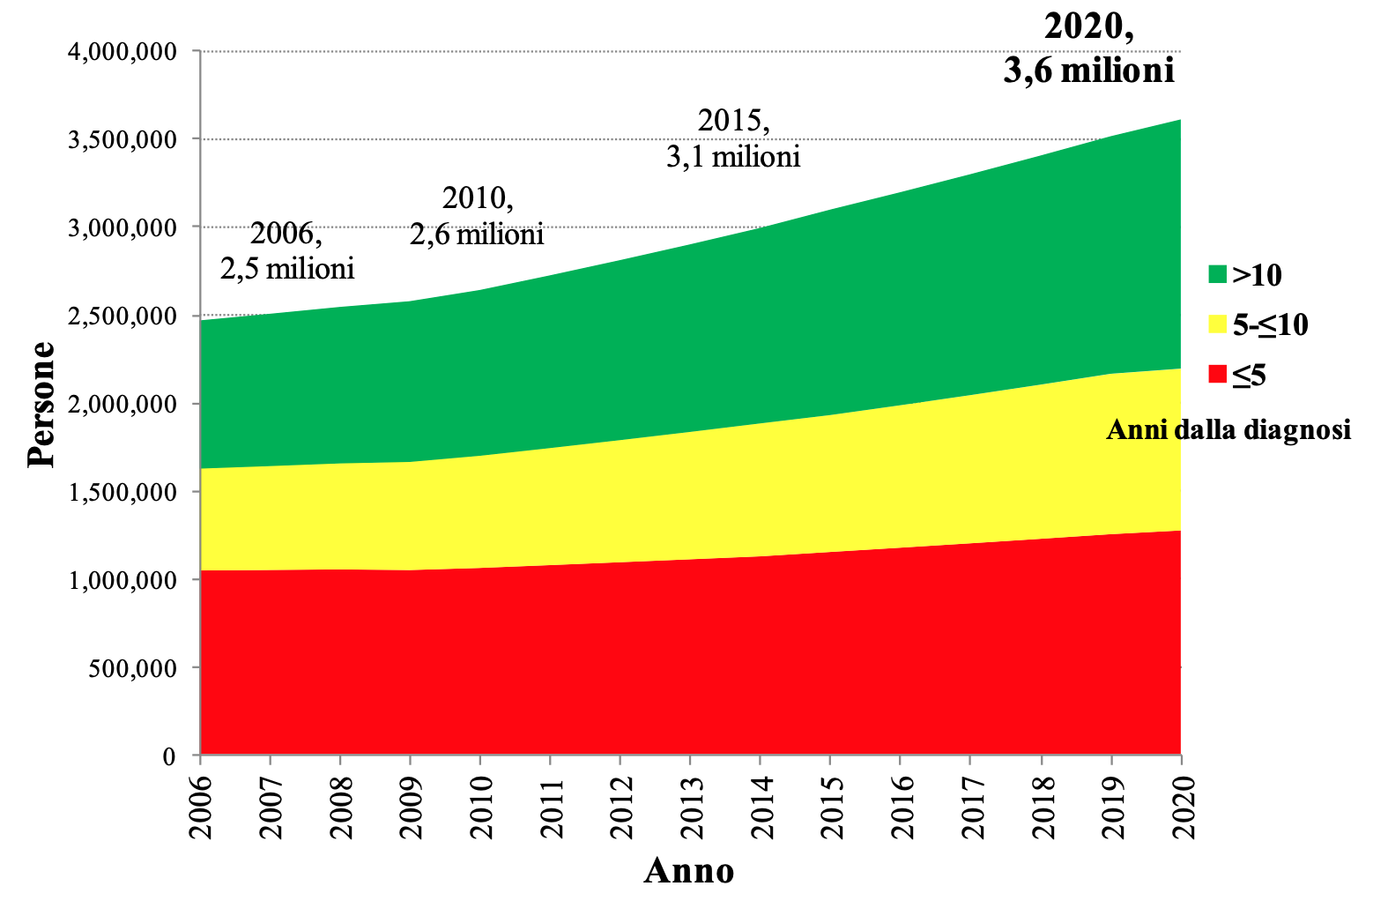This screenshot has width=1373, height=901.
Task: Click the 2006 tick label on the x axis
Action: [201, 806]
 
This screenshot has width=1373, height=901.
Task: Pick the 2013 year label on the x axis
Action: [691, 806]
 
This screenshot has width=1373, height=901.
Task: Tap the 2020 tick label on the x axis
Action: [1181, 806]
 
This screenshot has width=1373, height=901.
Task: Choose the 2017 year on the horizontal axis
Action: [971, 806]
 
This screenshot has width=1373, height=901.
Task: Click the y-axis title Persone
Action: [41, 404]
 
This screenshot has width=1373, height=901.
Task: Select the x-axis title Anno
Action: [689, 871]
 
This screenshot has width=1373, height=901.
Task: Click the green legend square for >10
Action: [1217, 275]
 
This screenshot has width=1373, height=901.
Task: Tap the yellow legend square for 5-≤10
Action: [1217, 325]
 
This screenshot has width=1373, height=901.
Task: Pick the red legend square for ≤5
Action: [1217, 375]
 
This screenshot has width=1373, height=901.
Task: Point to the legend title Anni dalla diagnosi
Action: [1228, 430]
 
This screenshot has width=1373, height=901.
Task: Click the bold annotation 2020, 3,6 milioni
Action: [1089, 48]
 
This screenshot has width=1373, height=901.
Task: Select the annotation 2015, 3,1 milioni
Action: [733, 138]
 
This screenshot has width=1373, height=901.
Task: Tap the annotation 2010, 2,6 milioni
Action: [477, 216]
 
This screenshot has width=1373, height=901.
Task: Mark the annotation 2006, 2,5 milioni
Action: [287, 251]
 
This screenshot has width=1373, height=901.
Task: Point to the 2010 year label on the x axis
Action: [481, 806]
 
